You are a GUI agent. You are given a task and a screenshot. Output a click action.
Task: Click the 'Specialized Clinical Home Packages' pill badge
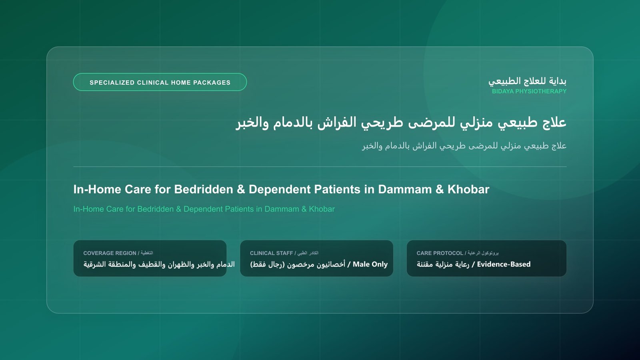160,82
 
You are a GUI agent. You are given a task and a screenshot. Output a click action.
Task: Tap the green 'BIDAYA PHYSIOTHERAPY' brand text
529,92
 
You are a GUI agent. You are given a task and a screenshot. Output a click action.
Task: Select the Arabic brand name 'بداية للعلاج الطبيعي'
528,81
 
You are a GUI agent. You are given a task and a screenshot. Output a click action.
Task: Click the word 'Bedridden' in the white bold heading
204,190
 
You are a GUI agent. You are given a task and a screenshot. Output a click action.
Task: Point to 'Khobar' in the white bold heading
468,190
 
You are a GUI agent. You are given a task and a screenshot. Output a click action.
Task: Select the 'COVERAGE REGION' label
110,253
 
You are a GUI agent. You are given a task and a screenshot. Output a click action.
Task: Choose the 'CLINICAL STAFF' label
272,253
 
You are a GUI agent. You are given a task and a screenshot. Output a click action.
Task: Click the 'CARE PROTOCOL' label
440,253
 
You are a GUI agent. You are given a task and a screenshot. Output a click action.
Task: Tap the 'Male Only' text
370,264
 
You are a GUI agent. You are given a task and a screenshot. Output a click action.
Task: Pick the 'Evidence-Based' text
504,264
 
